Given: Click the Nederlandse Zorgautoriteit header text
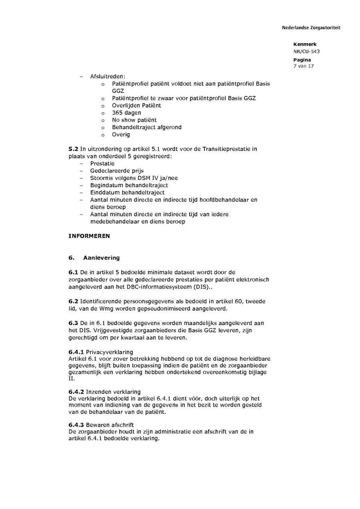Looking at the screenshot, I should (311, 28).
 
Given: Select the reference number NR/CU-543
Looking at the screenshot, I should (306, 51).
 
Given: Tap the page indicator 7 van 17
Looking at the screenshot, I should (303, 66).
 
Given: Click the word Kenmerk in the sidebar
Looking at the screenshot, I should (304, 44).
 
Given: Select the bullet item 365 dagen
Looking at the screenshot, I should (126, 113).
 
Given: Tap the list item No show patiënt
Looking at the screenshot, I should (134, 120).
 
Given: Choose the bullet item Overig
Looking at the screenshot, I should (121, 134).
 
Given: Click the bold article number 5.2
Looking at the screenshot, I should (73, 149).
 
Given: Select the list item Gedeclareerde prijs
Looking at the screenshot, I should (111, 171).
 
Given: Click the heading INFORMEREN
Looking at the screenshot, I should (89, 236).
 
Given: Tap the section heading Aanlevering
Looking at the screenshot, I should (101, 257).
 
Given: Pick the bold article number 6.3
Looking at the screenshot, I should (73, 323).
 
